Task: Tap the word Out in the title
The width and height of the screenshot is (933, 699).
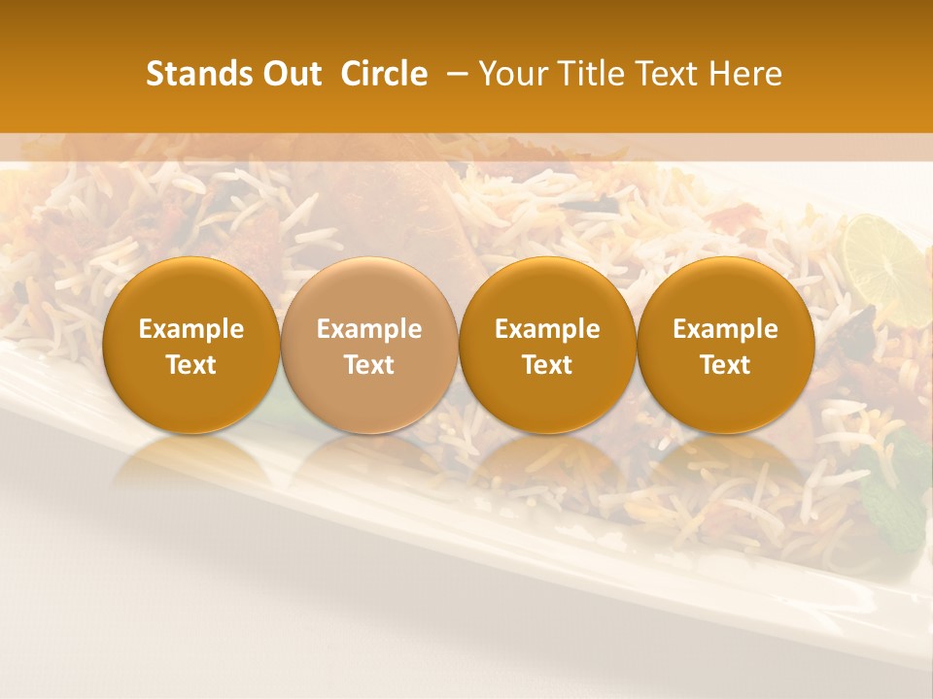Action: click(x=289, y=74)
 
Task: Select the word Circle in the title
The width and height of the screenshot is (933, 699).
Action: click(x=384, y=74)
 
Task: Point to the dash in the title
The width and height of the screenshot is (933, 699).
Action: click(x=453, y=74)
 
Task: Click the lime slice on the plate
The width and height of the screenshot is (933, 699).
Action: click(x=884, y=268)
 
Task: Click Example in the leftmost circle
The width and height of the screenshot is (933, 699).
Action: click(x=191, y=329)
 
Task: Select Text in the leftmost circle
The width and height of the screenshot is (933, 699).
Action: click(x=191, y=365)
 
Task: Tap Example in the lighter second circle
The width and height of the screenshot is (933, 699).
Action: click(x=369, y=329)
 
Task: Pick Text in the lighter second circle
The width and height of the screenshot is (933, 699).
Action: click(x=369, y=365)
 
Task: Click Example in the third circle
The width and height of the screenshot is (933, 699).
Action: click(x=547, y=329)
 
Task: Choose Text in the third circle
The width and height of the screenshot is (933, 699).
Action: click(x=547, y=365)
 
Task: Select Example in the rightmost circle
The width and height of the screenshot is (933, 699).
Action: click(x=725, y=329)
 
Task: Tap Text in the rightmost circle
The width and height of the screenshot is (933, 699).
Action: click(x=725, y=365)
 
